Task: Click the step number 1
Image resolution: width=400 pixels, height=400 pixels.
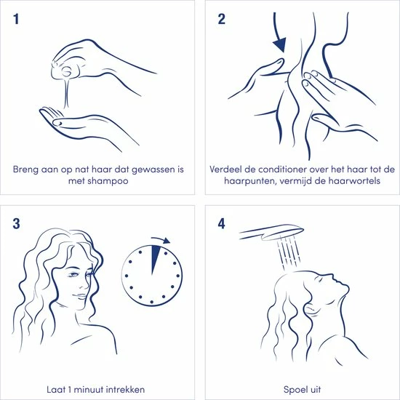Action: click(16, 20)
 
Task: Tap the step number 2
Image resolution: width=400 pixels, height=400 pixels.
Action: click(221, 20)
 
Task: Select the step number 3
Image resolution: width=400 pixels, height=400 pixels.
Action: click(16, 224)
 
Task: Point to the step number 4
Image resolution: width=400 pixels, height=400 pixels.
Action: click(221, 224)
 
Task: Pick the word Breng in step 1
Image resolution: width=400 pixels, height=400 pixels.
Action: click(25, 169)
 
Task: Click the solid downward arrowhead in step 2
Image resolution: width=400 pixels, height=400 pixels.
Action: click(280, 45)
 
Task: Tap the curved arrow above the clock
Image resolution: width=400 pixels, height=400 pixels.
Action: click(161, 240)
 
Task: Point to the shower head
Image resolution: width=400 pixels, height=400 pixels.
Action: click(272, 232)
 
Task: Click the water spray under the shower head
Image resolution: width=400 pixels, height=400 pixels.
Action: click(288, 252)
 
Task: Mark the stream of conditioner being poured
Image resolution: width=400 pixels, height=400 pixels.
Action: click(67, 92)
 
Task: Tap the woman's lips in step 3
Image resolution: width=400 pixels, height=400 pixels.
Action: click(81, 296)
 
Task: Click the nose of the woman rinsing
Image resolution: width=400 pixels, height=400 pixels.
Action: click(330, 276)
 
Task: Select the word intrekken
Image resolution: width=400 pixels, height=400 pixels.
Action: click(125, 390)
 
